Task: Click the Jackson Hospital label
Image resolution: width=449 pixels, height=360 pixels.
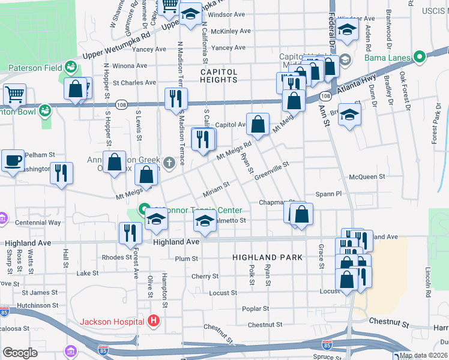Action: pos(112,321)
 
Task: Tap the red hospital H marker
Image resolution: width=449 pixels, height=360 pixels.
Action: pos(154,321)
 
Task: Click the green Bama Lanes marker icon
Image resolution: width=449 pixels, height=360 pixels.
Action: pos(419,58)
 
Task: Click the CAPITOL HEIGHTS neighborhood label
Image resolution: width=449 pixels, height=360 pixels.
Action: pos(219,76)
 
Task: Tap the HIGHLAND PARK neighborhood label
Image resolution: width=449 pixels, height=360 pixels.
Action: pos(267,257)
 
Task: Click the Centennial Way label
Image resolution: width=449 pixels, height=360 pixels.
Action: pos(38,223)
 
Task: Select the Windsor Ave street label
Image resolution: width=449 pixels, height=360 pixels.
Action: pos(229,14)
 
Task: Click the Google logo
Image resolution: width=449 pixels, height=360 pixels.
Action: pos(20,352)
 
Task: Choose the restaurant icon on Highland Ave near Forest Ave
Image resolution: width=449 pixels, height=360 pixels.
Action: pos(130,233)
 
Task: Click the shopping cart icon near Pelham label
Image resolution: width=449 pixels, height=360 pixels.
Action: pos(14,94)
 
